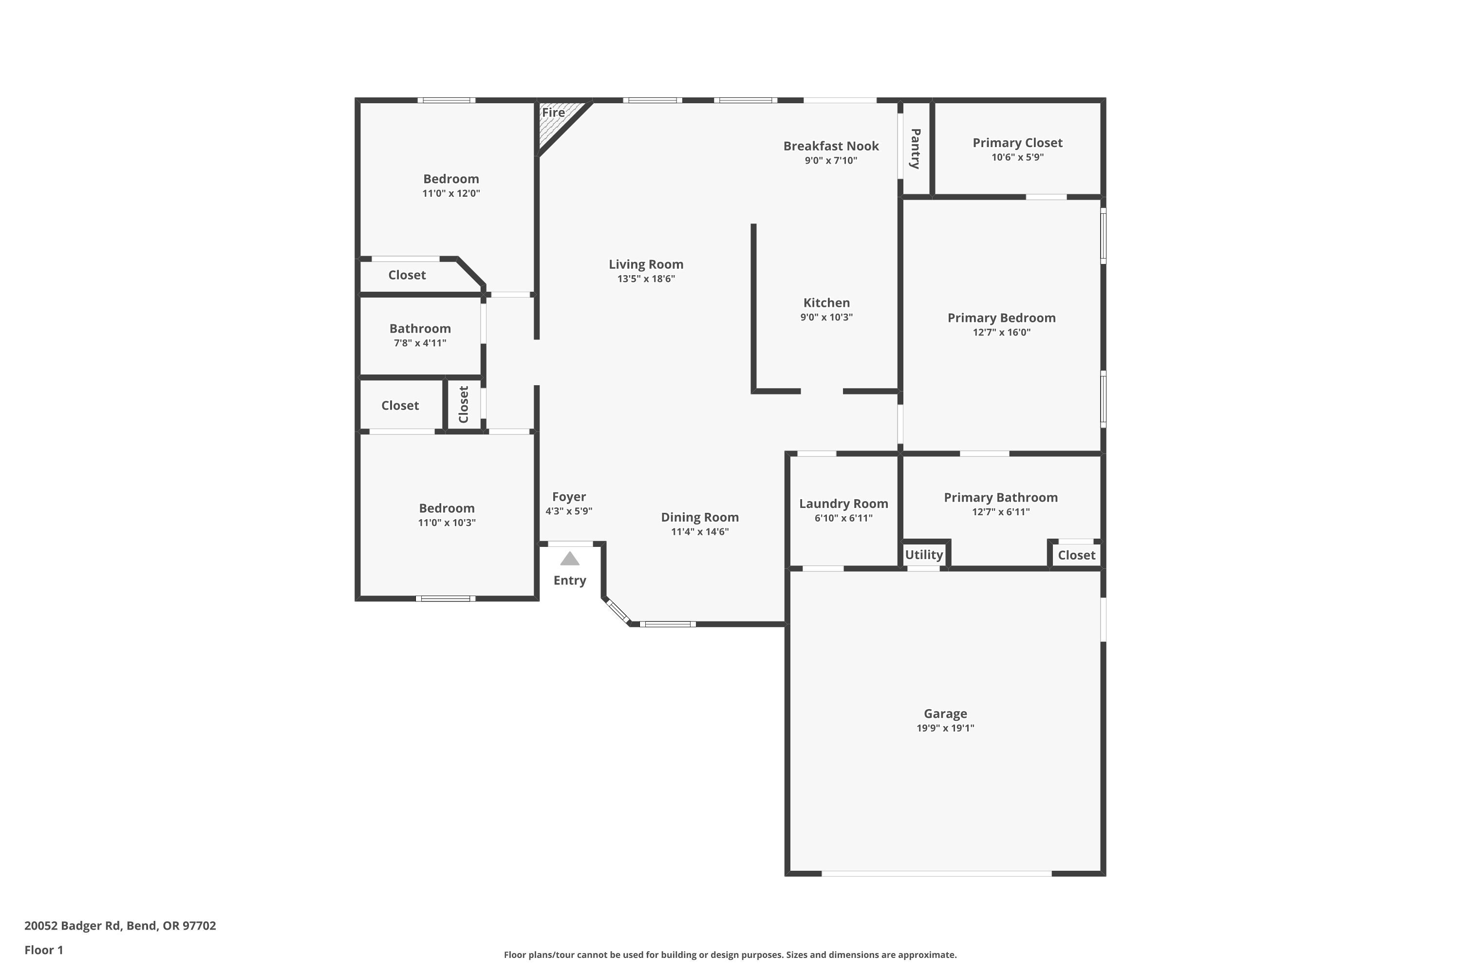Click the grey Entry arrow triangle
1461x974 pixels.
point(570,559)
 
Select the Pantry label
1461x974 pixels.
point(915,149)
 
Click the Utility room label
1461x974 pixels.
point(924,555)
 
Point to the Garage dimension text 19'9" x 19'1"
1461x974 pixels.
point(945,728)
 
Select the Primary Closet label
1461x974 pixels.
point(1017,143)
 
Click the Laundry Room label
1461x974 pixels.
point(843,504)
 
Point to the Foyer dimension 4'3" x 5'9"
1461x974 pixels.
point(568,511)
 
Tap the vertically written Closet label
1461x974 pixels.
point(464,404)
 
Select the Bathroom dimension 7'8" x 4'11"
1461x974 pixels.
point(420,343)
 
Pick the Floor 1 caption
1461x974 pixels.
point(43,950)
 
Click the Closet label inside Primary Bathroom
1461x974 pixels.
point(1076,555)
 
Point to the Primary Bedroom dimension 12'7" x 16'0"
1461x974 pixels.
point(1001,332)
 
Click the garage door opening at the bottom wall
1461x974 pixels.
point(936,873)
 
